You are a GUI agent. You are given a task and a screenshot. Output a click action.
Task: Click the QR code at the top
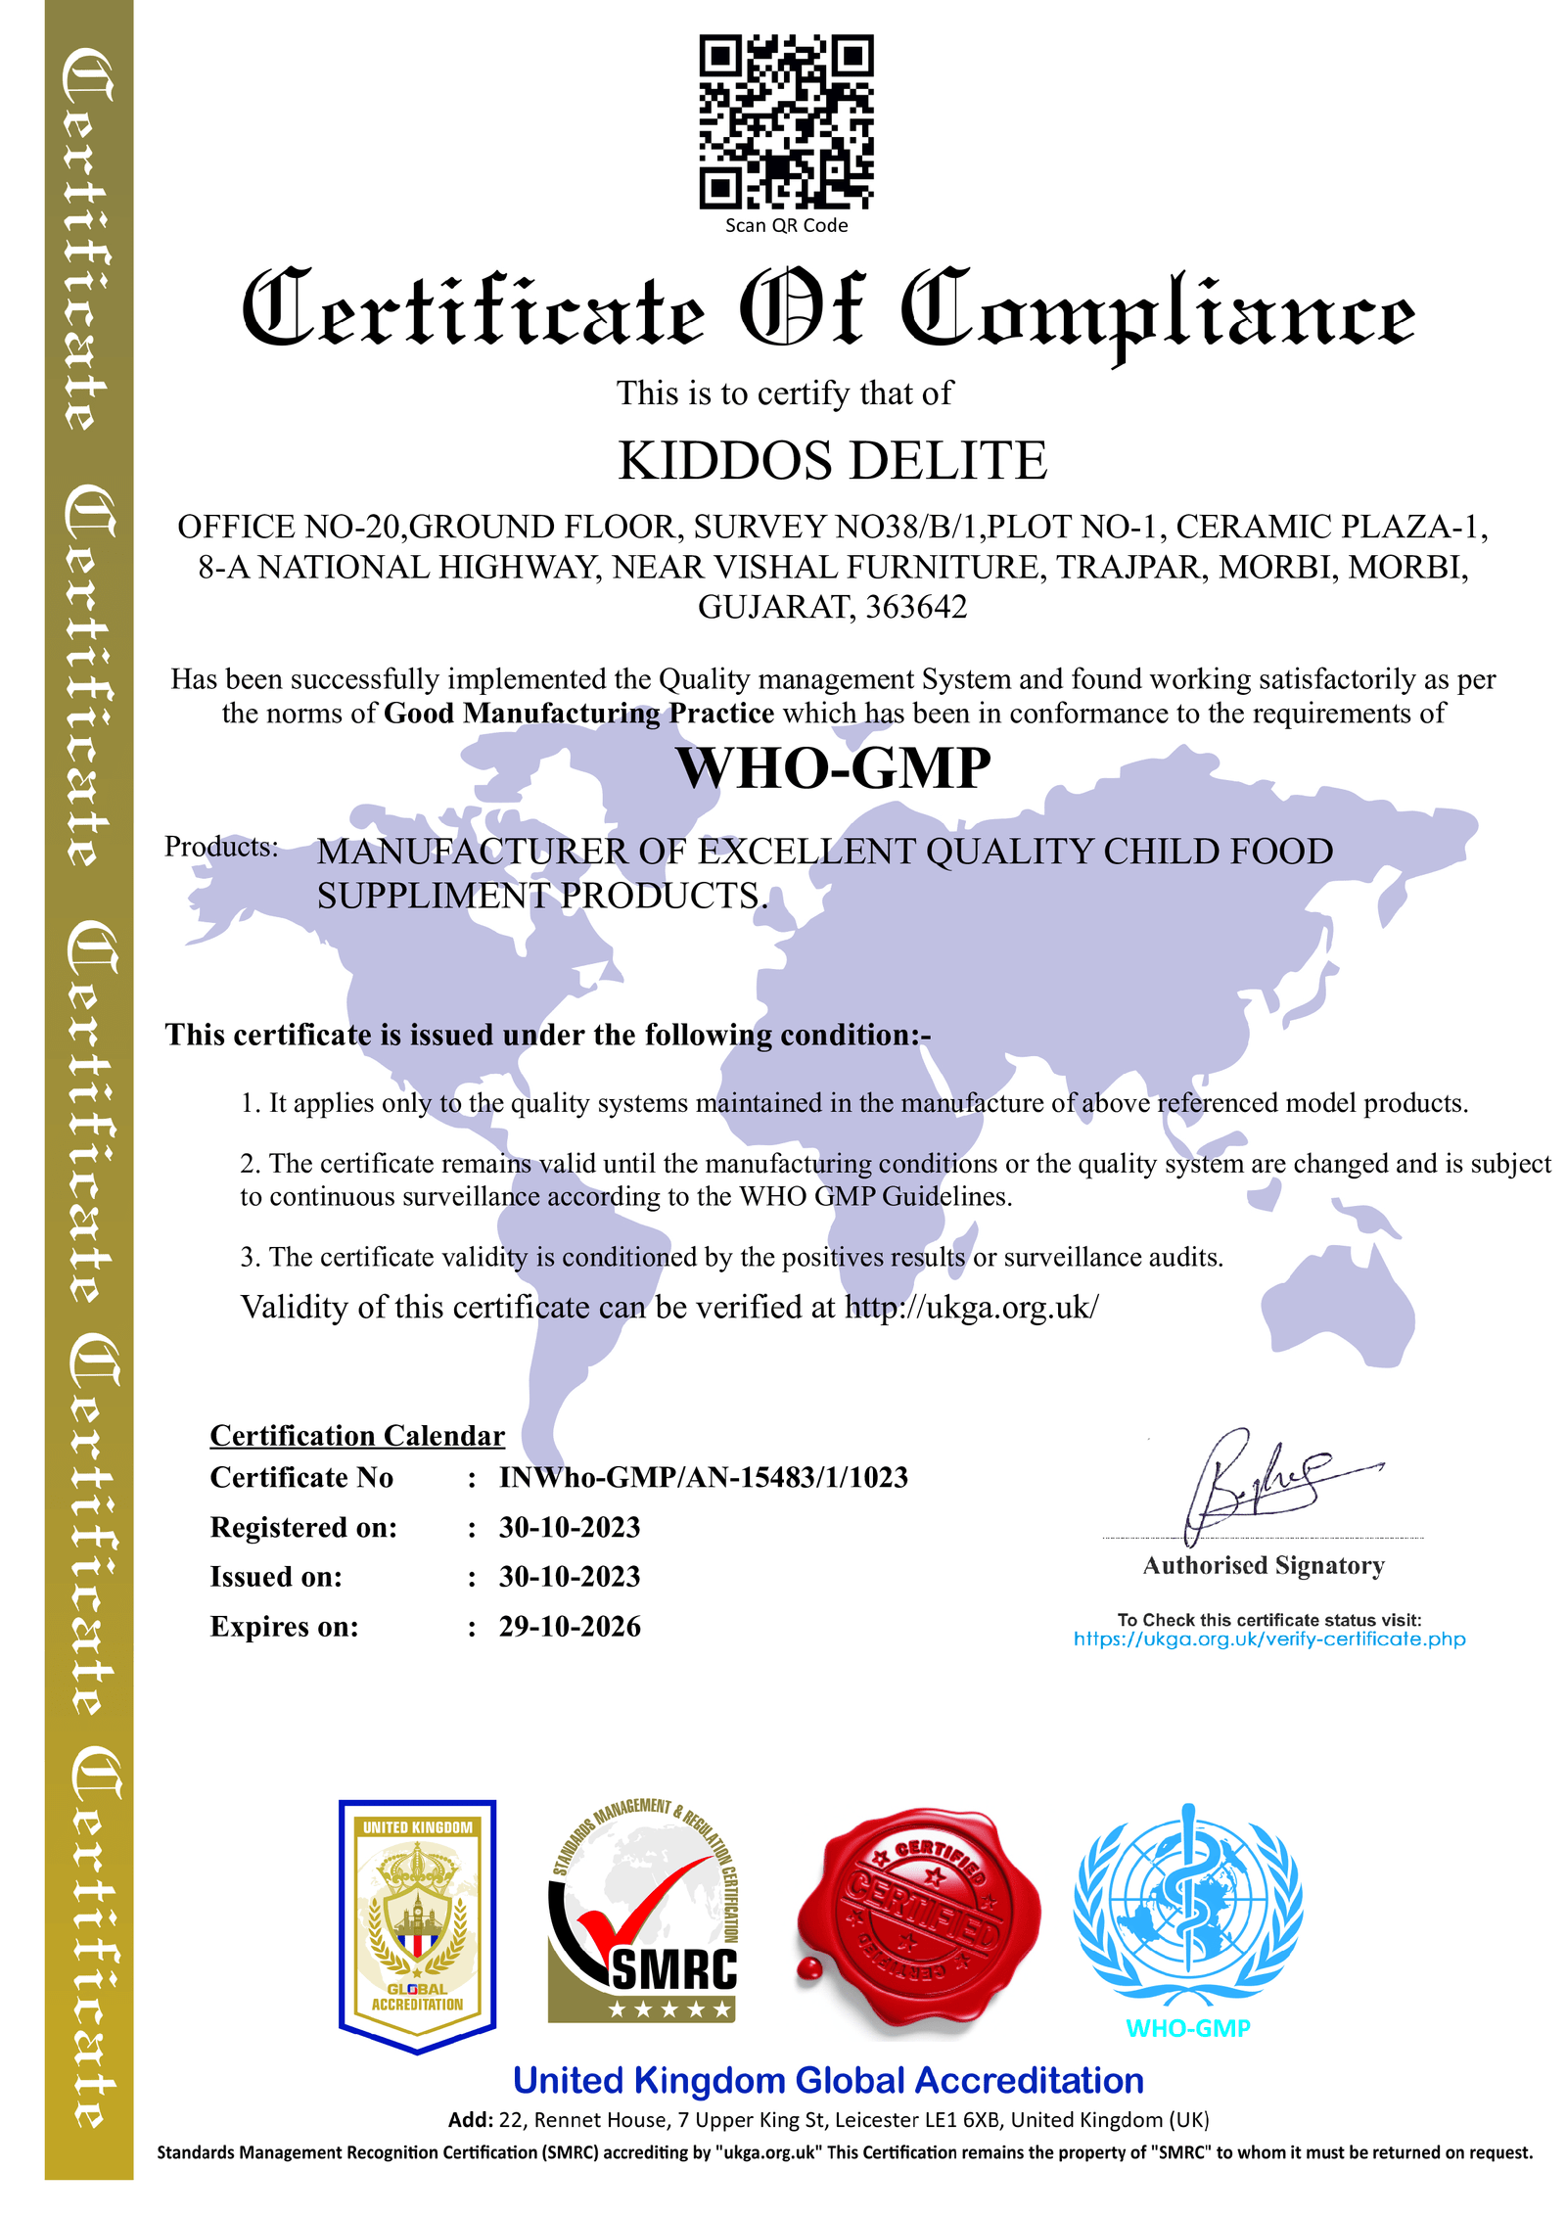pos(785,121)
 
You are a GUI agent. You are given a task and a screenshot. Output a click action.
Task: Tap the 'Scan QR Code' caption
pos(785,226)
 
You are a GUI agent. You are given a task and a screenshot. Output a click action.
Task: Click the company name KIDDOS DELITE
pos(832,461)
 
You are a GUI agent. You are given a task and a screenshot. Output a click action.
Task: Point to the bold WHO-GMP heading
pos(833,768)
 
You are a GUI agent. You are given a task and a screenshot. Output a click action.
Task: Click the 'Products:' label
pos(221,847)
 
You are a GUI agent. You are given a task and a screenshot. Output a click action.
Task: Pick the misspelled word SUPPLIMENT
pos(434,896)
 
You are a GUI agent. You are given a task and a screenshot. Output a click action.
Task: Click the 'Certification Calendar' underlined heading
pos(357,1436)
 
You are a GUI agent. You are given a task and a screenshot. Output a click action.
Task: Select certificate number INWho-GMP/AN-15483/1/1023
pos(703,1478)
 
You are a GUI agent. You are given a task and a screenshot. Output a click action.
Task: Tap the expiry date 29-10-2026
pos(570,1627)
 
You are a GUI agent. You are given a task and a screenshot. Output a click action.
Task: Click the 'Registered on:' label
pos(303,1528)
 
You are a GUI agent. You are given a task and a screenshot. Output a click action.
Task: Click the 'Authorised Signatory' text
pos(1263,1566)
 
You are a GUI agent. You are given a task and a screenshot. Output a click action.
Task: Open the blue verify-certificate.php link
pos(1268,1639)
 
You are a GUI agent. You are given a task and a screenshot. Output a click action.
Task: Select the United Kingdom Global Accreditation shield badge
pos(417,1923)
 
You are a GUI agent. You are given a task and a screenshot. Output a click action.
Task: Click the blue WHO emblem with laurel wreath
pos(1187,1904)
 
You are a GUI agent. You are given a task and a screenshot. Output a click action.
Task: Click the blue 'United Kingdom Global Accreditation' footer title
pos(828,2081)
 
